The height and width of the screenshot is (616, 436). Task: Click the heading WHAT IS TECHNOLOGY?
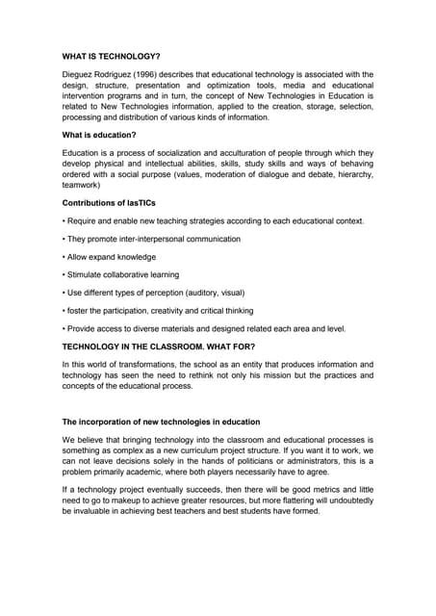pyautogui.click(x=112, y=56)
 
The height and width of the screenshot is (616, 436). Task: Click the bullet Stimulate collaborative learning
pyautogui.click(x=123, y=275)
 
